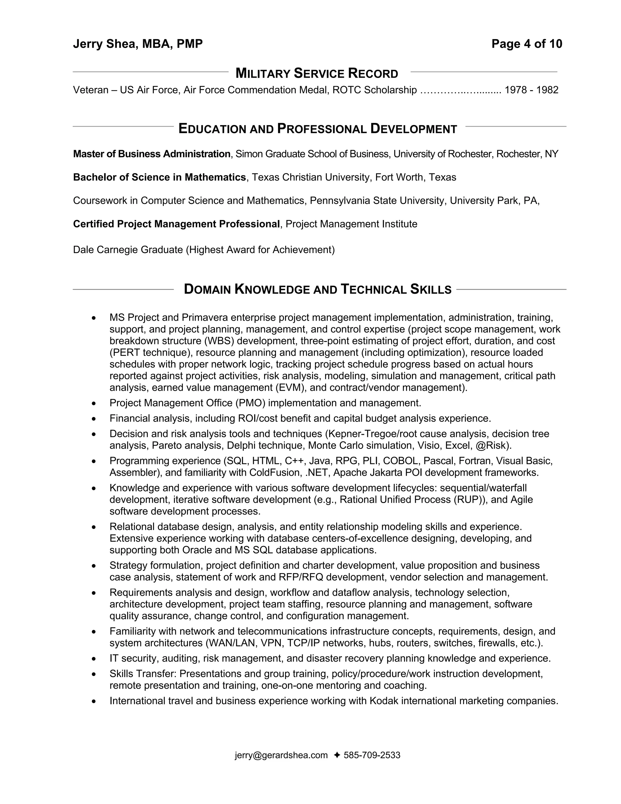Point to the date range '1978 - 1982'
pyautogui.click(x=531, y=90)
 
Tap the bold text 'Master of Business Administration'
pyautogui.click(x=152, y=154)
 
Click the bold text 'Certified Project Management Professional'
pyautogui.click(x=176, y=224)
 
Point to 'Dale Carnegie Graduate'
pyautogui.click(x=128, y=250)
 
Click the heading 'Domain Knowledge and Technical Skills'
pyautogui.click(x=317, y=289)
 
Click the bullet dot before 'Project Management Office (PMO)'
pyautogui.click(x=94, y=404)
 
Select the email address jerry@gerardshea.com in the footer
pyautogui.click(x=281, y=755)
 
